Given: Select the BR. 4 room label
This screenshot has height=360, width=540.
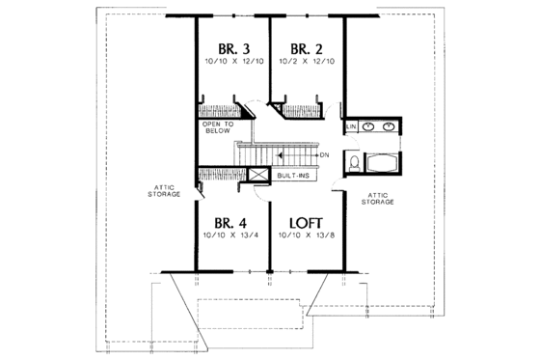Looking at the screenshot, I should tap(230, 222).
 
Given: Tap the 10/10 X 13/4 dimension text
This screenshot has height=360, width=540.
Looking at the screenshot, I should tap(230, 235).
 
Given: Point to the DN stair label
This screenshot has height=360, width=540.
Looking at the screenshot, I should tap(325, 154).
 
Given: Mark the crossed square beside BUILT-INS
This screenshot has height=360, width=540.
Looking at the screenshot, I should tap(258, 175).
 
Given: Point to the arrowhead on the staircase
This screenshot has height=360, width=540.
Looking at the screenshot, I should tap(280, 154).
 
